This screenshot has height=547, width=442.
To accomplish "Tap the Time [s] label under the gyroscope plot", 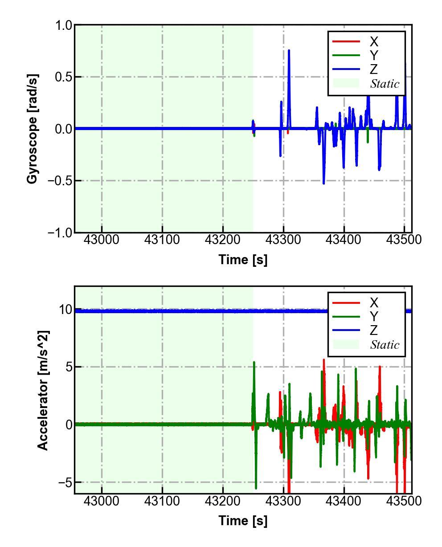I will point(243,259).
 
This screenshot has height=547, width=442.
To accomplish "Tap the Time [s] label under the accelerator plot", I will point(243,520).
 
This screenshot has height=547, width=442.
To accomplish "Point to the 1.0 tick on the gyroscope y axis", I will point(64,25).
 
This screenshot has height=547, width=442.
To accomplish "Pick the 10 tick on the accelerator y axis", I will point(65,310).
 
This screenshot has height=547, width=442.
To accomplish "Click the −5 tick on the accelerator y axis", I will point(63,482).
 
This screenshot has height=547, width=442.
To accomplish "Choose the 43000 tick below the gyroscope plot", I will point(102,240).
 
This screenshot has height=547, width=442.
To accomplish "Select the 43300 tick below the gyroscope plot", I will point(283,240).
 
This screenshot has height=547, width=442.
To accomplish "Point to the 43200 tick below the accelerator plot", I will point(223,501).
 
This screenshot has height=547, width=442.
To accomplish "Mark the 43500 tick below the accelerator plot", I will point(404,501).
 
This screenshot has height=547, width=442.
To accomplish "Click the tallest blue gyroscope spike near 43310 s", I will point(289,51).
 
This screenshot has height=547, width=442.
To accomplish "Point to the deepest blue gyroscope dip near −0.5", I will point(323,183).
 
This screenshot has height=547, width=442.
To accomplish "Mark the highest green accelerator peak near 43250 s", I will point(254,363).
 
